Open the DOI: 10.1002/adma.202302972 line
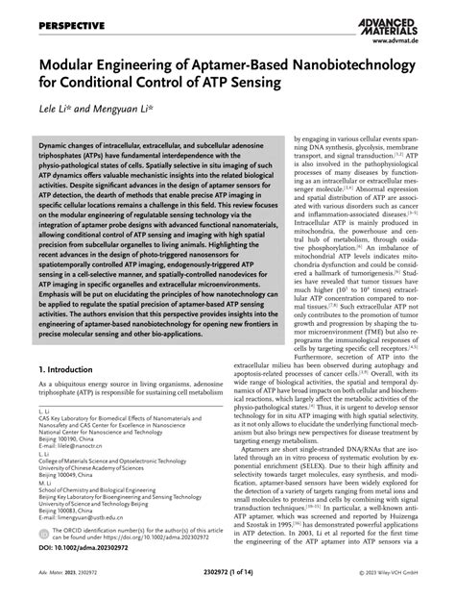pyautogui.click(x=84, y=548)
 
